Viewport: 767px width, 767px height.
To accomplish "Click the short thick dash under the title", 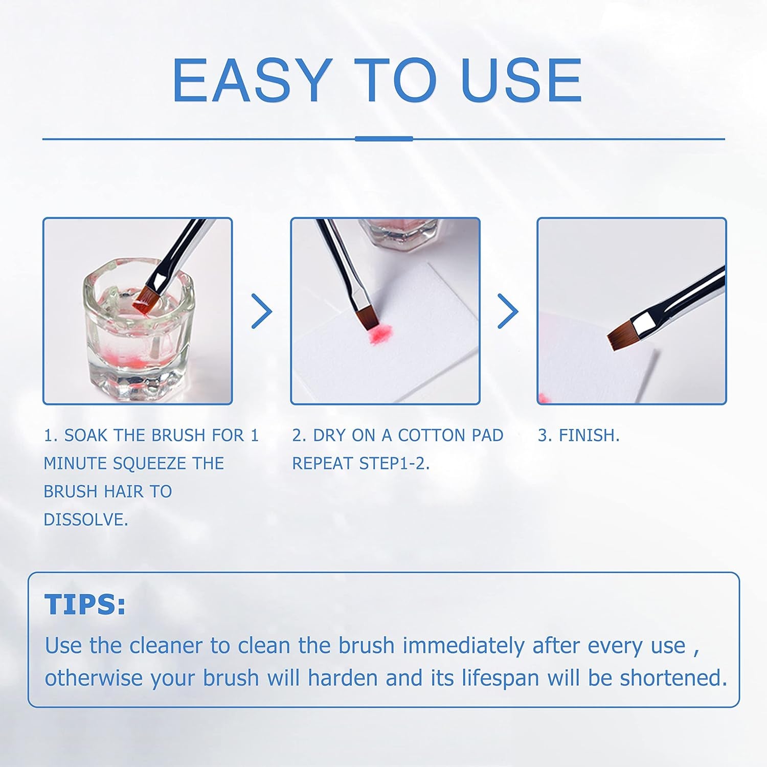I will point(383,139).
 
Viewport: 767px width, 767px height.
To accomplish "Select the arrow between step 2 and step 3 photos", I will point(508,311).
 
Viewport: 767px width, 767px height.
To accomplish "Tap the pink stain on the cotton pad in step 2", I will point(377,333).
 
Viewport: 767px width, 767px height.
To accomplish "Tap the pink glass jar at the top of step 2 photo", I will point(399,233).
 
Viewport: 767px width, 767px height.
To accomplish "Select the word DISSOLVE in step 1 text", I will point(85,520).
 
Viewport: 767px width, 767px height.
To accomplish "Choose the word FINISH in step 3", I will point(588,436).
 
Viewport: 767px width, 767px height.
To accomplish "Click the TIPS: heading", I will point(85,605).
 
